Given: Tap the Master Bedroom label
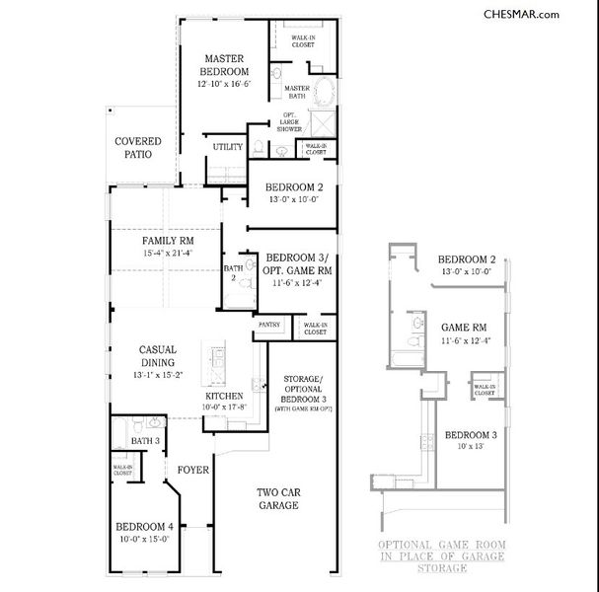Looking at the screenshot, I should click(226, 65).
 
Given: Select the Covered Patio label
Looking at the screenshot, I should click(137, 148).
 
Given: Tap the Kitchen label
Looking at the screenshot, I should click(224, 395).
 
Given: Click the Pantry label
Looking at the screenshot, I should click(269, 324).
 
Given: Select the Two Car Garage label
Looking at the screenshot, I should click(278, 498).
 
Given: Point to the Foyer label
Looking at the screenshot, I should click(192, 470).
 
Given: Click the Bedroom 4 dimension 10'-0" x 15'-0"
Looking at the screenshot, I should click(143, 539).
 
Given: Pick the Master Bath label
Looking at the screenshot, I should click(297, 92).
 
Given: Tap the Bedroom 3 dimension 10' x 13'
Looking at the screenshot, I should click(469, 447).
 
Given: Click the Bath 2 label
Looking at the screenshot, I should click(233, 272).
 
